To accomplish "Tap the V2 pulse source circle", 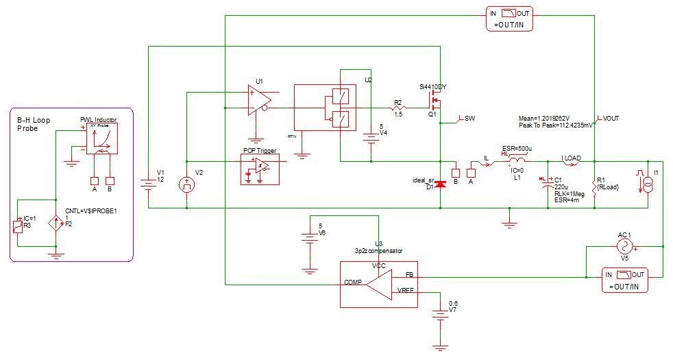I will click(x=186, y=184).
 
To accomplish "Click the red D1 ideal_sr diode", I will click(x=441, y=184).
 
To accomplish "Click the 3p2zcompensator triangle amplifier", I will click(x=379, y=283).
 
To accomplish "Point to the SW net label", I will click(x=469, y=119).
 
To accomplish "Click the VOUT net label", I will click(x=610, y=119).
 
